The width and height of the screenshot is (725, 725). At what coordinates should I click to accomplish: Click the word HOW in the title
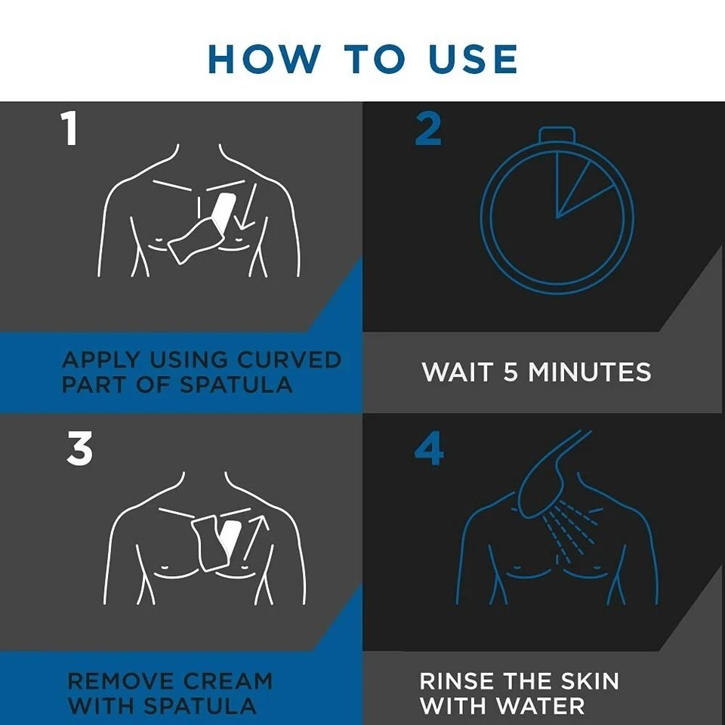(x=264, y=59)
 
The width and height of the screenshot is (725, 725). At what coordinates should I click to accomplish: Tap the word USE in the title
(x=473, y=59)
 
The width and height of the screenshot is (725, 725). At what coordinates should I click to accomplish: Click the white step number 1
(x=69, y=129)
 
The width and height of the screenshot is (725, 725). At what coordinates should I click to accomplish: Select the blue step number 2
(x=427, y=129)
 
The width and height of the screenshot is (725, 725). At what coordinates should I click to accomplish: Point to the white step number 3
(x=79, y=448)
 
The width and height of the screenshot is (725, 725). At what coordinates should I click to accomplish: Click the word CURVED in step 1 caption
(x=289, y=359)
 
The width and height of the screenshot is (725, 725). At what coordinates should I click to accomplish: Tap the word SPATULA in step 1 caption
(x=236, y=384)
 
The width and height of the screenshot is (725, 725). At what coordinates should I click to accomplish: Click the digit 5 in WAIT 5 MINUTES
(x=510, y=372)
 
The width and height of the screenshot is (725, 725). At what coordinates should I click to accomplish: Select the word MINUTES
(x=590, y=372)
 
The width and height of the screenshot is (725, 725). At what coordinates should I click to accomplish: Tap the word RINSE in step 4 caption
(x=457, y=681)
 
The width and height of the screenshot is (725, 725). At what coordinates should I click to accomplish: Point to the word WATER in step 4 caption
(x=541, y=706)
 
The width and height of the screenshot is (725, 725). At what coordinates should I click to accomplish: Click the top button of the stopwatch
(x=557, y=134)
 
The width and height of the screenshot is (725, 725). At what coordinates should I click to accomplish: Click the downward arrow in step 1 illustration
(x=246, y=206)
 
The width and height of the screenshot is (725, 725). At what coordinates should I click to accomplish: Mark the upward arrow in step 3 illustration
(x=255, y=539)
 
